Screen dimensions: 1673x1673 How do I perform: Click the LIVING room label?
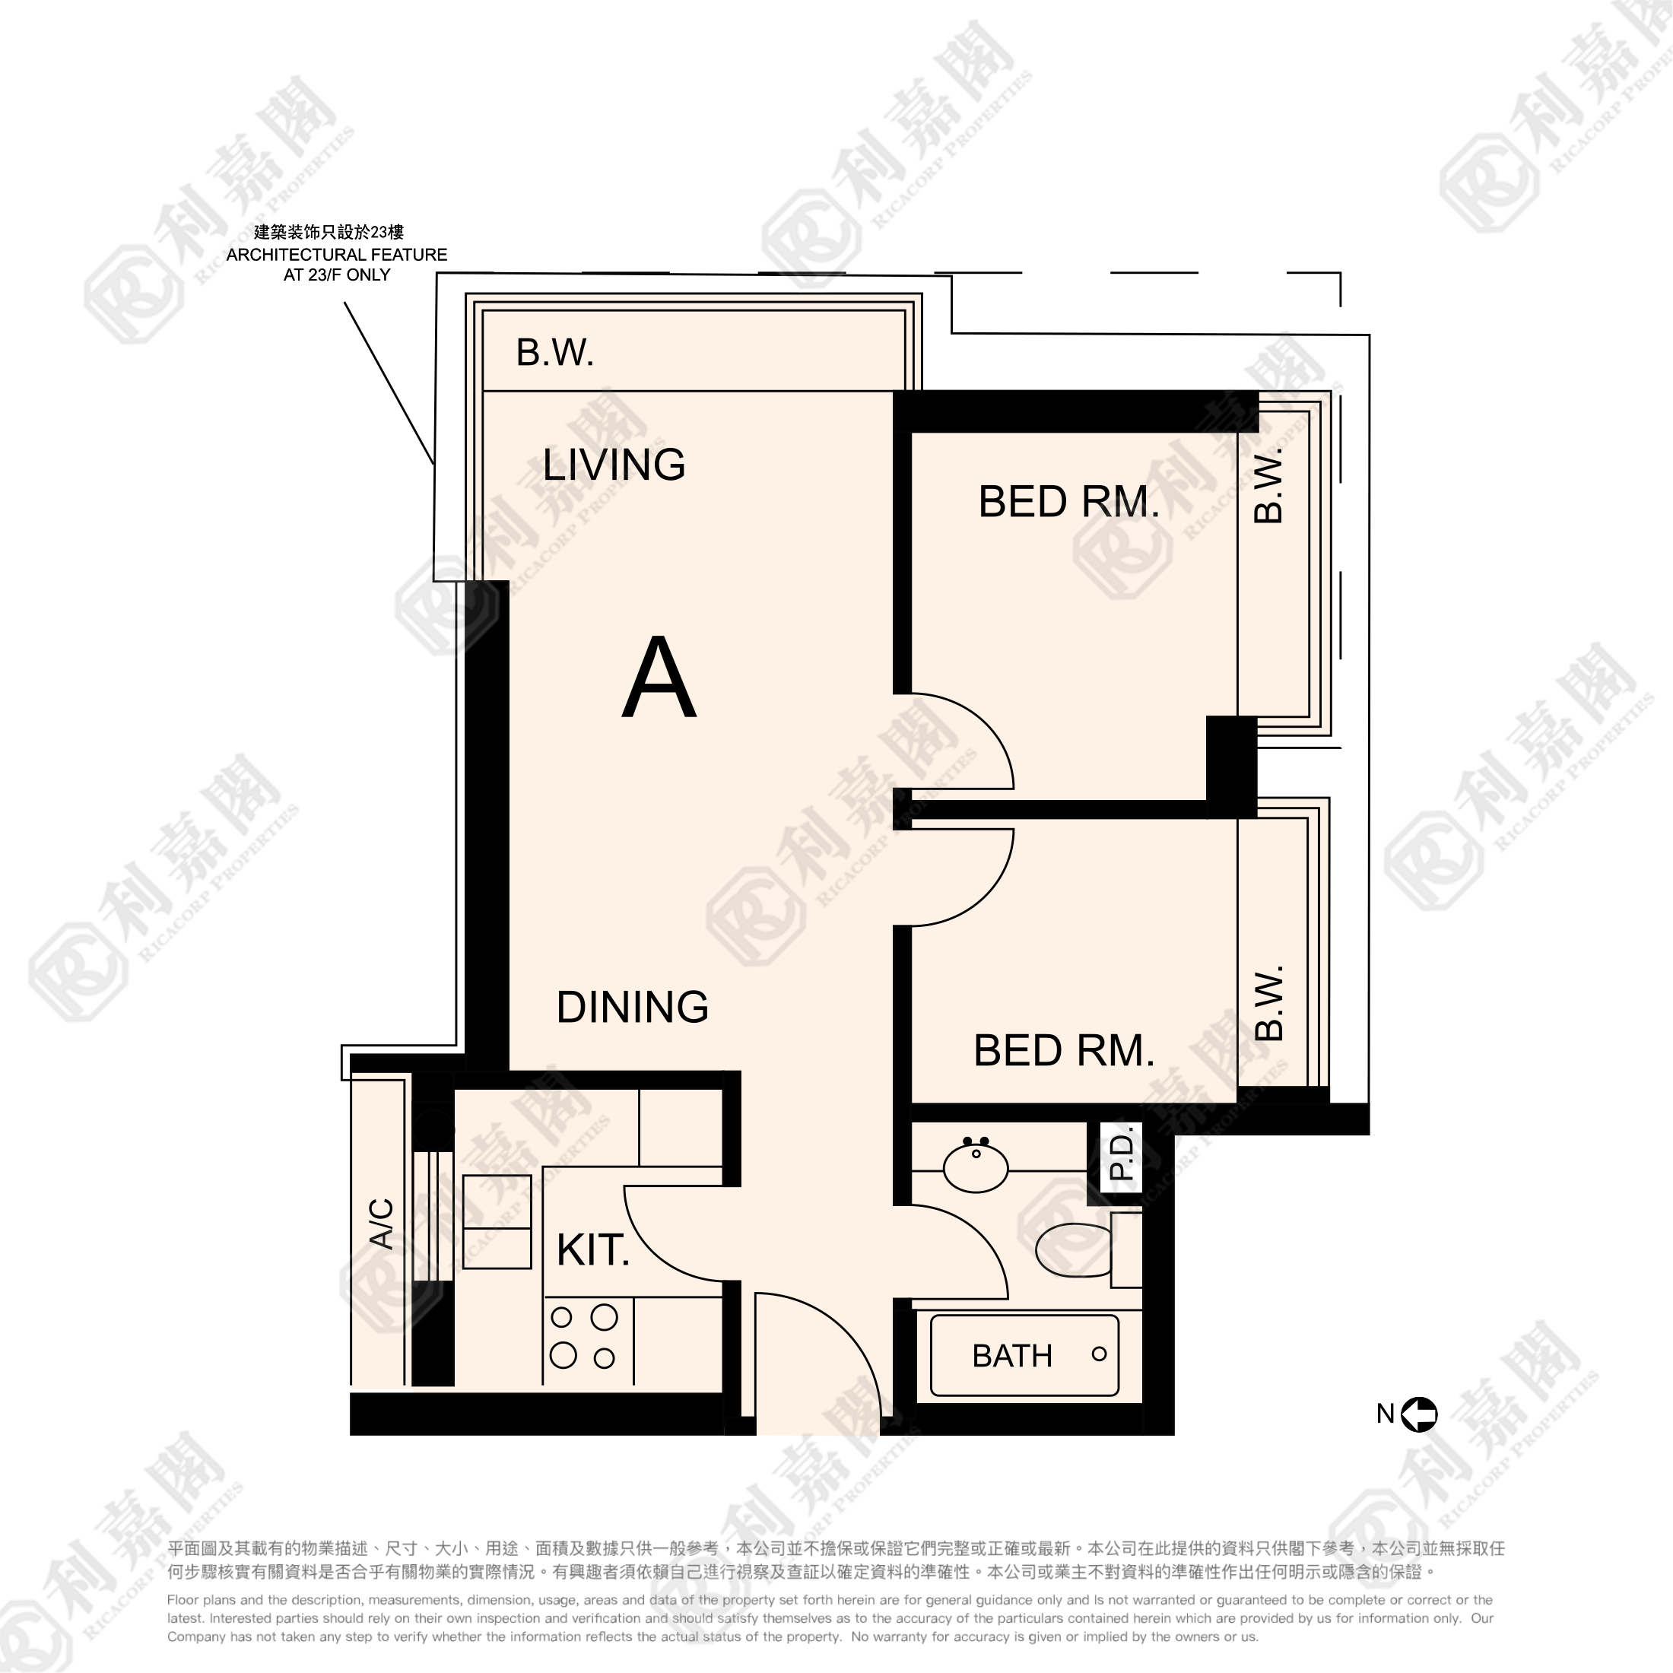tap(614, 465)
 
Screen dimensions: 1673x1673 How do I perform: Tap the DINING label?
tap(632, 1007)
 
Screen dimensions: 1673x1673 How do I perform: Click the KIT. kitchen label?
tap(592, 1250)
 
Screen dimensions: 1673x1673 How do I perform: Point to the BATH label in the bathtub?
tap(1012, 1355)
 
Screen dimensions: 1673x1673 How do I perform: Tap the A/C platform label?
tap(382, 1224)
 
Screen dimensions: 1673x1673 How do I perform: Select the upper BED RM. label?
tap(1068, 502)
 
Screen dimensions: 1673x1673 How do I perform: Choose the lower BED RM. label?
tap(1064, 1050)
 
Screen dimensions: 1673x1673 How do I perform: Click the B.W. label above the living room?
tap(555, 352)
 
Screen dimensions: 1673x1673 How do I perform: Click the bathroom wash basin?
tap(976, 1165)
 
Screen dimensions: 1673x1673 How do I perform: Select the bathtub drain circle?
tap(1099, 1354)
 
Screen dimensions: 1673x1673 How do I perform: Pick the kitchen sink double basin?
tap(496, 1222)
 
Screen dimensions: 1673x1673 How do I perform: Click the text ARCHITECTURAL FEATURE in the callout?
tap(337, 255)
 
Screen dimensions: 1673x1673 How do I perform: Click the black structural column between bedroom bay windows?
tap(1231, 767)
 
